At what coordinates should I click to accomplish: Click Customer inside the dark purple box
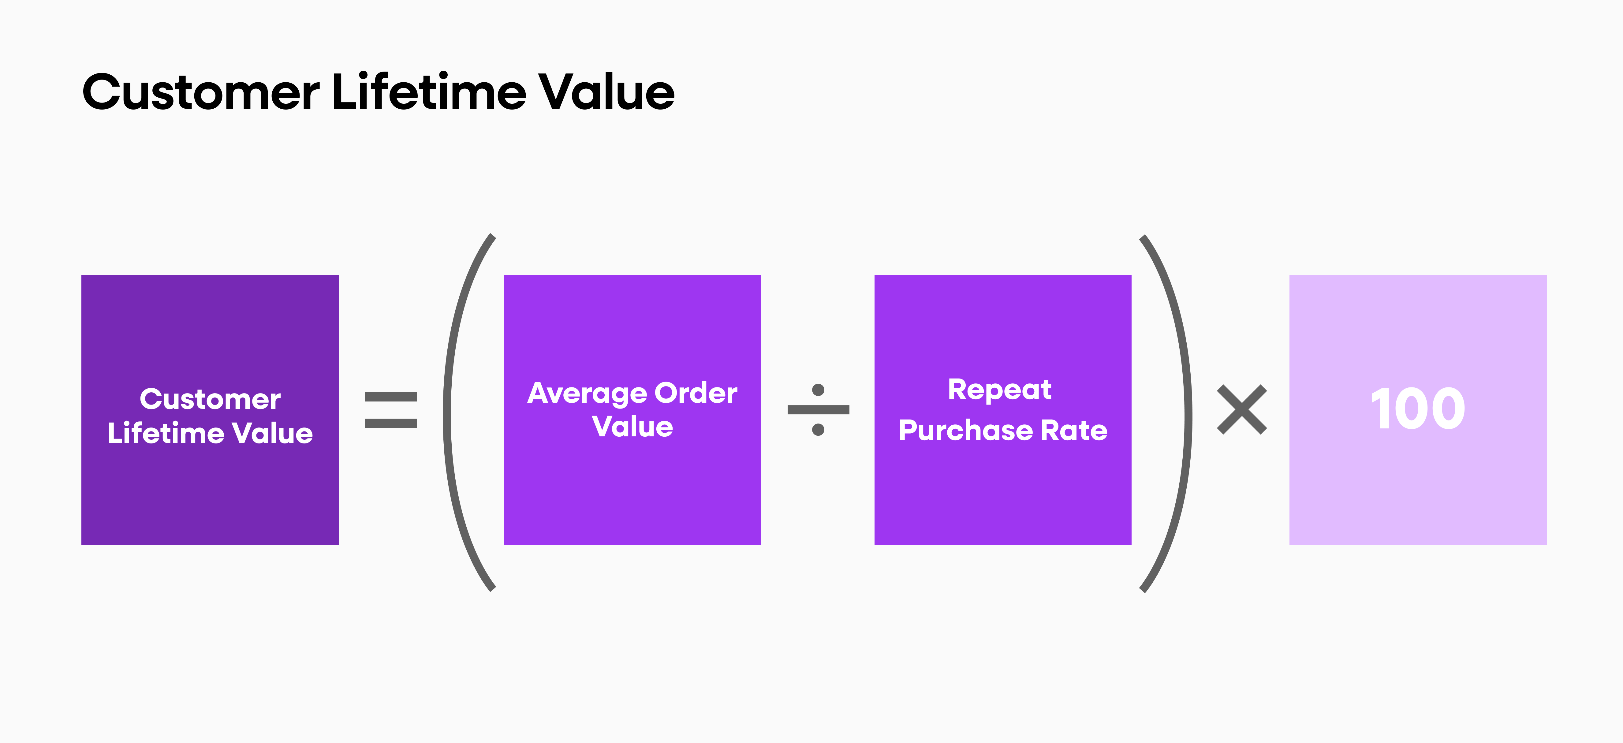point(211,400)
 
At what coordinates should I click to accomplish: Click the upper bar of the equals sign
point(391,397)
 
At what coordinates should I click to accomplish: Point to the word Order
point(696,394)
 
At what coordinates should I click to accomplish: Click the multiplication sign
point(1242,410)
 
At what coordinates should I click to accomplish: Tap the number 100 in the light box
point(1418,410)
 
